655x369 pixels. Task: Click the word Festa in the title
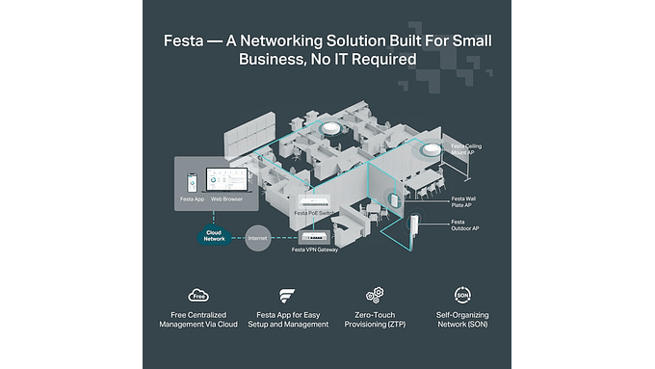pyautogui.click(x=185, y=40)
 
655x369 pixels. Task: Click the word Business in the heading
pyautogui.click(x=271, y=59)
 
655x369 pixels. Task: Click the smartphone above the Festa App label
pyautogui.click(x=192, y=181)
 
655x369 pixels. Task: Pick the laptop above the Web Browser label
pyautogui.click(x=227, y=180)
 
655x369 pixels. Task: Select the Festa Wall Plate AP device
pyautogui.click(x=394, y=201)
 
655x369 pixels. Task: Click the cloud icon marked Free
pyautogui.click(x=200, y=296)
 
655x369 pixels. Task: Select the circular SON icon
pyautogui.click(x=462, y=296)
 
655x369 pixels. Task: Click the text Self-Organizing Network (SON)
pyautogui.click(x=462, y=319)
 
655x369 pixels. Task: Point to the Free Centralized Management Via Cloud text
pyautogui.click(x=200, y=319)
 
